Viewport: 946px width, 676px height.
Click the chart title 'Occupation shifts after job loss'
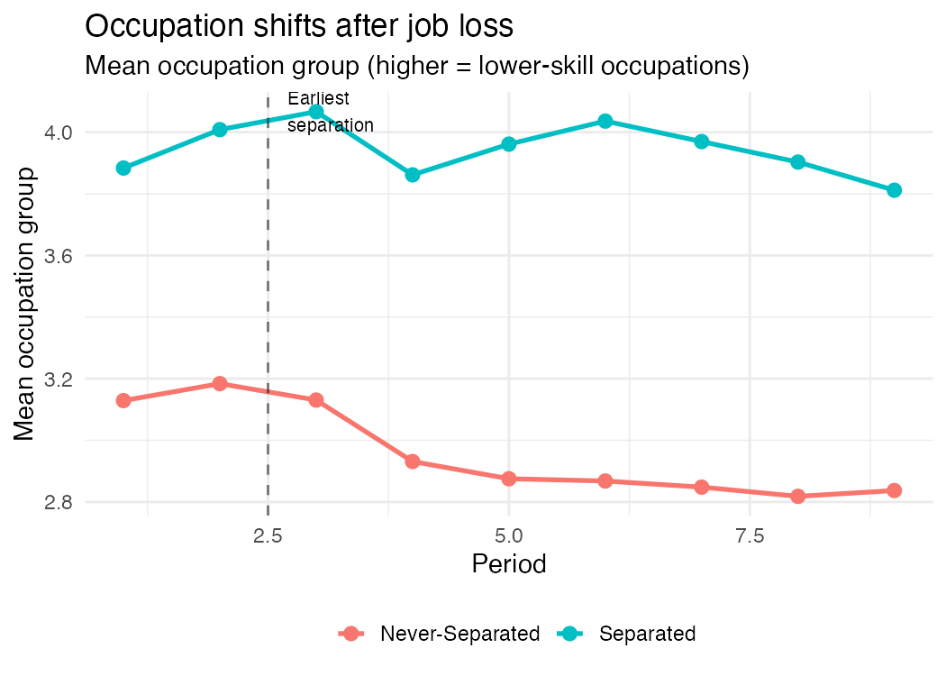298,26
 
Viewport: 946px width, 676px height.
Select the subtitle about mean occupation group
416,67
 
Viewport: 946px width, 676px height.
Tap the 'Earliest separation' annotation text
330,113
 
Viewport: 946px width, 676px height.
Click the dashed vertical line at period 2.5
268,297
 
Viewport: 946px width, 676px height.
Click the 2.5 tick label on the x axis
268,536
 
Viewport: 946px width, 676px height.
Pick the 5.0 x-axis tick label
509,536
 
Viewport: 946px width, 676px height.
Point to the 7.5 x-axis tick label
750,536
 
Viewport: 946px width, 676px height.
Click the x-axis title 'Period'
509,565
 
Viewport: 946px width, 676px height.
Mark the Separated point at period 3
316,112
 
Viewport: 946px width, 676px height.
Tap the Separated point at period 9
894,190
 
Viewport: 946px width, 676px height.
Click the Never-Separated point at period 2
220,384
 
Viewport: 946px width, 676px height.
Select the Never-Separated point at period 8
797,497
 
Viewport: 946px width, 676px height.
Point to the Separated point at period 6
605,121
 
